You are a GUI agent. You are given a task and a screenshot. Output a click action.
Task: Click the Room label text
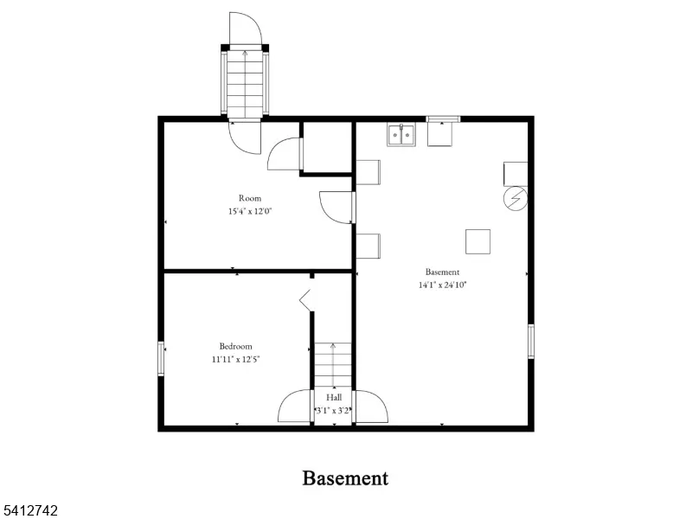(250, 198)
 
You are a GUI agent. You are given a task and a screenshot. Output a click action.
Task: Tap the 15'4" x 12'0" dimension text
(250, 210)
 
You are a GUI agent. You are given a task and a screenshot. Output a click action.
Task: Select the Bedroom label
(235, 346)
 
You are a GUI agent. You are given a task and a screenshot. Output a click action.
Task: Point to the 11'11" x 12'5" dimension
(235, 358)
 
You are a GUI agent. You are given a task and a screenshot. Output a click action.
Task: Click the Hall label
(334, 397)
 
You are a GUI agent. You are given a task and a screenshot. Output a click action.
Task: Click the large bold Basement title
(345, 477)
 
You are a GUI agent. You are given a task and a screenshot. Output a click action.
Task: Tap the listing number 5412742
(30, 511)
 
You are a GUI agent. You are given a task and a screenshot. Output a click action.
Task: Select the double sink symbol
(401, 135)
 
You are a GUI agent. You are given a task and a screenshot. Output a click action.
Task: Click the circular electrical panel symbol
(515, 199)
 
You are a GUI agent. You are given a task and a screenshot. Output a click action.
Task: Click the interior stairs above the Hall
(333, 363)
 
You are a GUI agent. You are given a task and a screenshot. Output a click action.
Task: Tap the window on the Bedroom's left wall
(161, 358)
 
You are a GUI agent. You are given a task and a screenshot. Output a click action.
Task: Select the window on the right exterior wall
(530, 341)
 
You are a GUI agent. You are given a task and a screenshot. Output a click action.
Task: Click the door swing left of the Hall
(296, 407)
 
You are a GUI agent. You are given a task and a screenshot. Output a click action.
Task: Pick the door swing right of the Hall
(370, 407)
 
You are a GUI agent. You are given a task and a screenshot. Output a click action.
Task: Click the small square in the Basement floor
(478, 241)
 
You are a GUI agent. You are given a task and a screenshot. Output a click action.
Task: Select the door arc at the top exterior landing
(246, 28)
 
